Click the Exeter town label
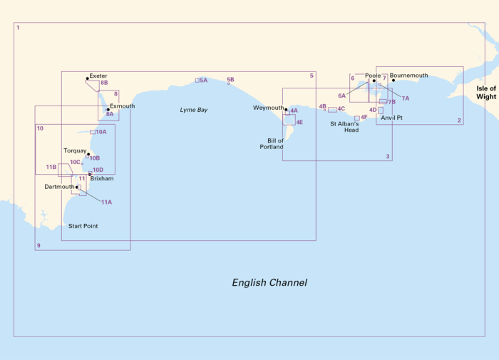98,76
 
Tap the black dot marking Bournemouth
393,80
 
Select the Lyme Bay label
193,110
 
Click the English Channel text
269,282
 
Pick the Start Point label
83,226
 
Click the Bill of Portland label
275,144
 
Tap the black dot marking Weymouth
286,110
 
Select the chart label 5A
204,81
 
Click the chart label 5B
230,80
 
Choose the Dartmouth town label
59,187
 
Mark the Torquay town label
74,151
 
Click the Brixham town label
102,178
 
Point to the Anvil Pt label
391,118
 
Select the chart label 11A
106,202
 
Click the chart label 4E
299,123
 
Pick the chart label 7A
406,98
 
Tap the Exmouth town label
122,106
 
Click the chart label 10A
101,132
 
